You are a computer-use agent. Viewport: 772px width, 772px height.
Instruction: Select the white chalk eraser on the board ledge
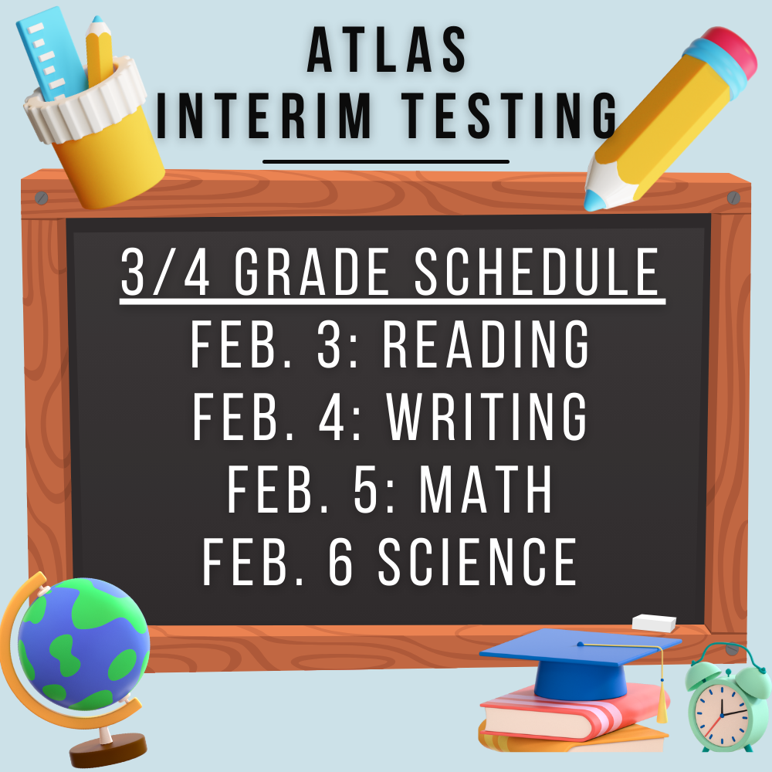[x=654, y=622]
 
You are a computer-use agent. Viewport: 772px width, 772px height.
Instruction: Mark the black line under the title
[x=386, y=161]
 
